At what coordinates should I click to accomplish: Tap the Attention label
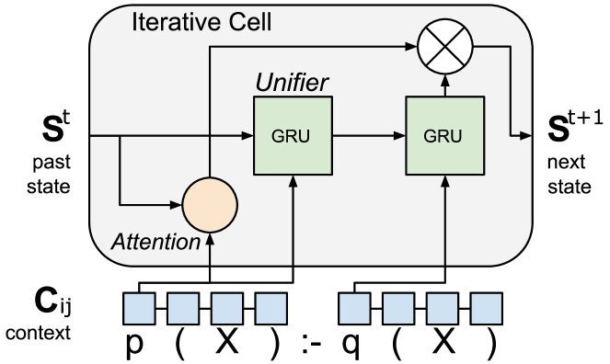pyautogui.click(x=155, y=242)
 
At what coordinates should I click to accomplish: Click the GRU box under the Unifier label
pyautogui.click(x=293, y=136)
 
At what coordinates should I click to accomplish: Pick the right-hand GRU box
pyautogui.click(x=444, y=136)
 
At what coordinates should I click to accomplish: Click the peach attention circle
pyautogui.click(x=210, y=204)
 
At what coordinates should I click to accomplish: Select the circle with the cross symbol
pyautogui.click(x=444, y=44)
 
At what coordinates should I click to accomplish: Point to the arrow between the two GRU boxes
pyautogui.click(x=368, y=136)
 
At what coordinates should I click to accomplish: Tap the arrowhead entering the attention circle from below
pyautogui.click(x=210, y=237)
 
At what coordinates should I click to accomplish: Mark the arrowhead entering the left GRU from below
pyautogui.click(x=293, y=179)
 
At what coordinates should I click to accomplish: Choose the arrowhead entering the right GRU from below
pyautogui.click(x=444, y=179)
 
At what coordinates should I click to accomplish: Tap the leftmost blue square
pyautogui.click(x=139, y=309)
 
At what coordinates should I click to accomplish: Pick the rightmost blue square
pyautogui.click(x=487, y=309)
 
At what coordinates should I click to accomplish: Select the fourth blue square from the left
pyautogui.click(x=271, y=309)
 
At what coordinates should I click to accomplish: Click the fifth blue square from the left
pyautogui.click(x=354, y=309)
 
